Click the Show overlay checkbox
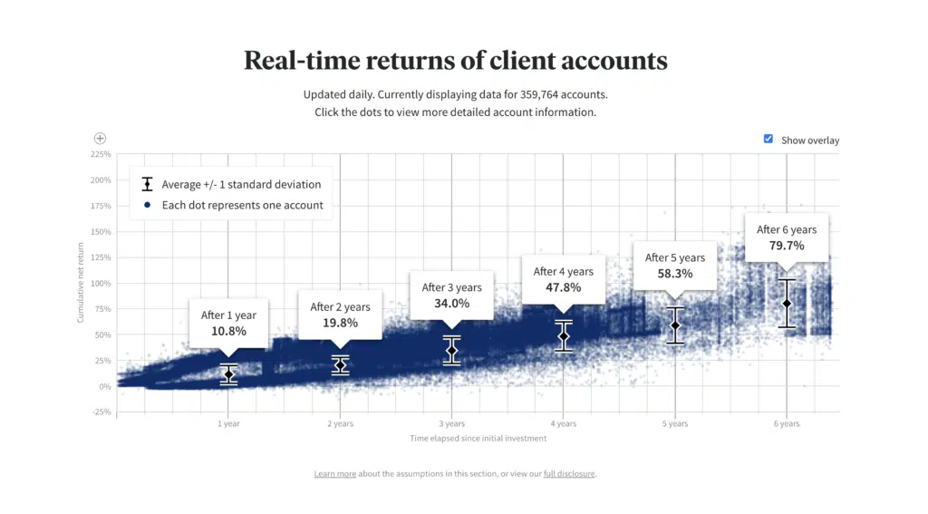(x=768, y=139)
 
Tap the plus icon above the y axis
(x=101, y=139)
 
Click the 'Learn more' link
(x=335, y=474)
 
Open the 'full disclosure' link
(x=569, y=474)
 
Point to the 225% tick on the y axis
(x=101, y=154)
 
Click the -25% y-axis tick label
(x=101, y=412)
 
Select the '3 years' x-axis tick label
(x=451, y=423)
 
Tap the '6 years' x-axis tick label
(x=787, y=423)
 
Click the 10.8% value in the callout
(x=228, y=331)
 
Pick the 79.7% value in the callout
(x=787, y=246)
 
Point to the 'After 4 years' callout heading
(x=564, y=271)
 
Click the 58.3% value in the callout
(x=675, y=274)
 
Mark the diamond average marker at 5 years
(x=675, y=325)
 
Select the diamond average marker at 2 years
(x=340, y=364)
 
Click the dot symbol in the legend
(x=147, y=205)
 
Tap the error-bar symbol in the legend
(x=147, y=184)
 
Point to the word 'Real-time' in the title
(x=304, y=61)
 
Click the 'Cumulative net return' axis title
(x=81, y=287)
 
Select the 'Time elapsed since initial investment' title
(x=478, y=439)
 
